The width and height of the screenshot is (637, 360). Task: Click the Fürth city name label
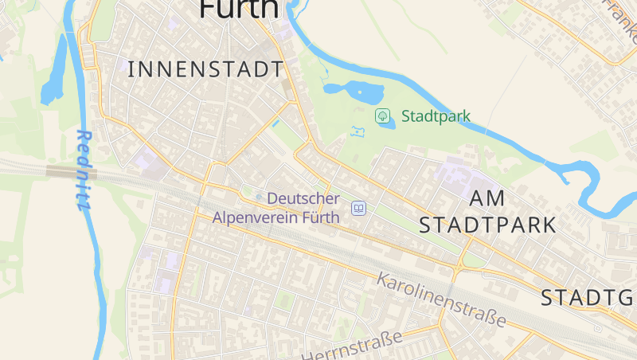(x=239, y=8)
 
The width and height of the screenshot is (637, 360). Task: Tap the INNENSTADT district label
(x=205, y=69)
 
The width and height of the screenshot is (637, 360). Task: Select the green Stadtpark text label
(x=436, y=116)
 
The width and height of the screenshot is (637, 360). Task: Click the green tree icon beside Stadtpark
(x=383, y=116)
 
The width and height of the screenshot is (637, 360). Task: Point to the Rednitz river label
(x=84, y=170)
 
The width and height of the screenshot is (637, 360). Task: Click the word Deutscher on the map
(x=303, y=198)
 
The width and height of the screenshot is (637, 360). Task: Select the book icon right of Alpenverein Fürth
(x=359, y=208)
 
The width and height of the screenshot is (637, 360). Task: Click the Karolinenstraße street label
(x=441, y=299)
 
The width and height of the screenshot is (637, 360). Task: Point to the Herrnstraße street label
(x=352, y=346)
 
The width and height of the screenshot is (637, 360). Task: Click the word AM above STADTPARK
(x=487, y=198)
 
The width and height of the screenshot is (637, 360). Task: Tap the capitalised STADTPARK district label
(x=487, y=225)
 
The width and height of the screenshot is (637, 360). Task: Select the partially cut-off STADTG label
(x=588, y=299)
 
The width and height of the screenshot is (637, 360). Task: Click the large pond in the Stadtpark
(x=355, y=91)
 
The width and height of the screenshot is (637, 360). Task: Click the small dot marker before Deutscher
(x=259, y=198)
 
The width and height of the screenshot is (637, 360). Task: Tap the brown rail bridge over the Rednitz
(x=71, y=171)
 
